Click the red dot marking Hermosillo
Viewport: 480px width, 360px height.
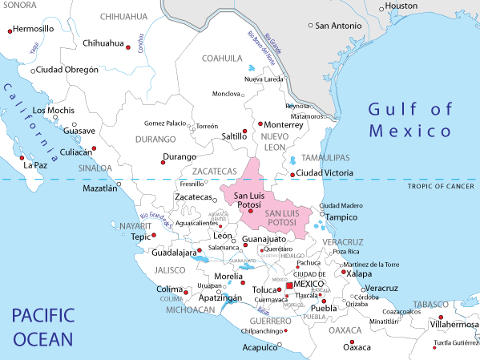point(10,30)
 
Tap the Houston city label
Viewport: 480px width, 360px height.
point(401,6)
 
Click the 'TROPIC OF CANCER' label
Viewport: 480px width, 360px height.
point(436,187)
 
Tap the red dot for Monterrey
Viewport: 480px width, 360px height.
point(260,124)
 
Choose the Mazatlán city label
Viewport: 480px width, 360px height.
point(99,188)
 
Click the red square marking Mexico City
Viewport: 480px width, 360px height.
point(288,285)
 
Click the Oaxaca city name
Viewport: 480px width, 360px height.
point(357,347)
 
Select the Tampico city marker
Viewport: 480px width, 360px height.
point(322,214)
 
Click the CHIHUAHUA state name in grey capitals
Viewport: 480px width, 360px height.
point(123,15)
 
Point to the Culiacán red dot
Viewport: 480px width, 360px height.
point(95,149)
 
